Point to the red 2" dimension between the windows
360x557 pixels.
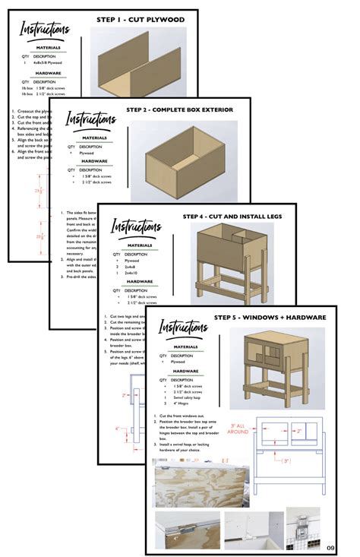click(x=299, y=431)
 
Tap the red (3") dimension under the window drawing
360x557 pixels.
click(x=285, y=460)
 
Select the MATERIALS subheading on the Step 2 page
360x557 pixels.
click(x=94, y=138)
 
